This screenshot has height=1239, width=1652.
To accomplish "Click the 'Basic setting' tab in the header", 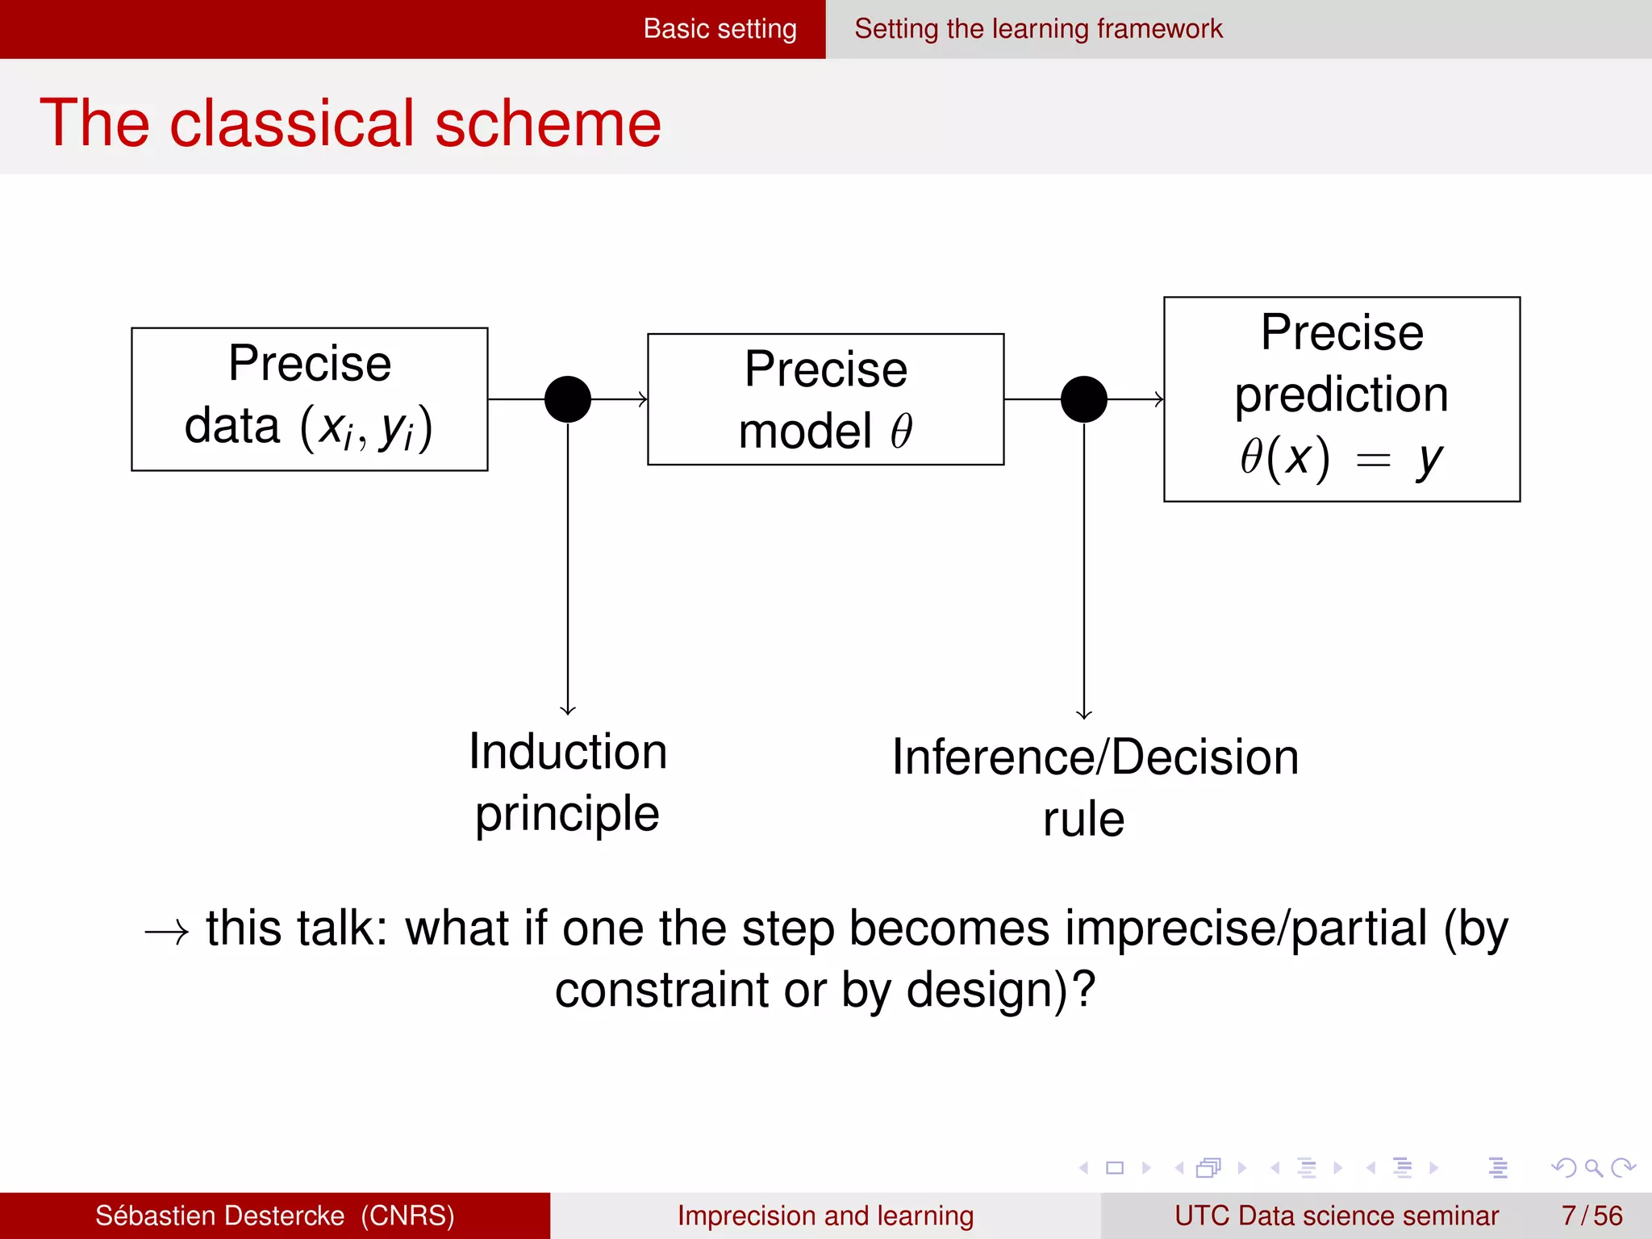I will tap(720, 29).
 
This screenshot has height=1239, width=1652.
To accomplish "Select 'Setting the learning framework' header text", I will tap(1038, 29).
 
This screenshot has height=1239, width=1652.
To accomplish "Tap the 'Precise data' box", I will tap(310, 398).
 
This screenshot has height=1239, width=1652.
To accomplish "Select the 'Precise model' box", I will tap(825, 398).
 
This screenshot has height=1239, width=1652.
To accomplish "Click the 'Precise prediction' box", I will tap(1341, 398).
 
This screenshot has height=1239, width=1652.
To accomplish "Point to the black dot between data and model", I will tap(568, 398).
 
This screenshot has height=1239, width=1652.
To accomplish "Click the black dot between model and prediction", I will tap(1083, 398).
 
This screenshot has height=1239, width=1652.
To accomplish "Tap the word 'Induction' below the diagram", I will tap(568, 752).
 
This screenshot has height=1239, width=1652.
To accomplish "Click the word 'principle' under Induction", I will tap(567, 814).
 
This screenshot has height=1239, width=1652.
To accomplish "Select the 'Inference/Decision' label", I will tap(1095, 757).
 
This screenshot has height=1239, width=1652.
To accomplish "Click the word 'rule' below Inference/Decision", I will tap(1083, 820).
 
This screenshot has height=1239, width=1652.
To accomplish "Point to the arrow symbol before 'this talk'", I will tap(167, 932).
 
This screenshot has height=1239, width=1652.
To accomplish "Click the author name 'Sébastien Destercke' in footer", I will tap(219, 1216).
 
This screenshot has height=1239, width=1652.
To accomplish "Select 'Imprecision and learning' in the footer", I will tap(825, 1216).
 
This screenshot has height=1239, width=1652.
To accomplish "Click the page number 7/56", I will tap(1592, 1216).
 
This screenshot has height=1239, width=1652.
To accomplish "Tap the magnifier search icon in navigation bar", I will tap(1593, 1168).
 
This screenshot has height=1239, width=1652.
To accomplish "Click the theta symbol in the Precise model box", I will tap(901, 432).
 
